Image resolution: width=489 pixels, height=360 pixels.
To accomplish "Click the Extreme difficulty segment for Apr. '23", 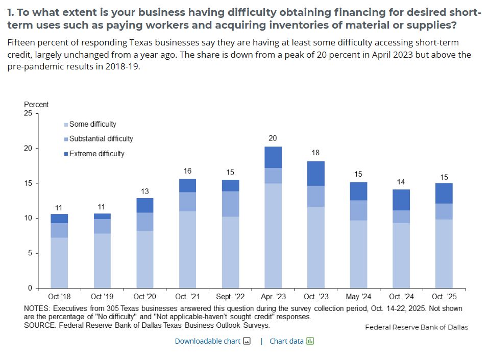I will [273, 157].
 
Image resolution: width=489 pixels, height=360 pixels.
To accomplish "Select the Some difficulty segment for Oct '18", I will [59, 262].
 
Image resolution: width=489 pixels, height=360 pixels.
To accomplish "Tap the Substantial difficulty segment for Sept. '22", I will [230, 204].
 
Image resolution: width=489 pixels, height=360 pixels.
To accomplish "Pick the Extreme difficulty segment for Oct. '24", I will [401, 200].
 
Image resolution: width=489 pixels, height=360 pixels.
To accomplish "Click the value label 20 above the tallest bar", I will [273, 138].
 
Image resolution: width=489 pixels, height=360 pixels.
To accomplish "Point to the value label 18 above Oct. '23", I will [315, 153].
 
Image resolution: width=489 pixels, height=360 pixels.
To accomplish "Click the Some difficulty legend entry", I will [92, 124].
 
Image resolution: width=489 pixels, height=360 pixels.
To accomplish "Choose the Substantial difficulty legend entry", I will [101, 139].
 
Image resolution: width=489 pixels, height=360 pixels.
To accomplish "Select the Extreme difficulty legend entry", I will [96, 154].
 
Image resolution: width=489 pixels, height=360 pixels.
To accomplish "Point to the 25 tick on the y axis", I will [28, 113].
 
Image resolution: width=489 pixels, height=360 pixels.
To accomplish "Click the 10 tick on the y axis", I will [28, 218].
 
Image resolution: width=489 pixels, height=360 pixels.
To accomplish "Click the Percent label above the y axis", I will [36, 104].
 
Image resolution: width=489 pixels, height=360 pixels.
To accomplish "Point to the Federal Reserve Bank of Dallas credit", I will [416, 327].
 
